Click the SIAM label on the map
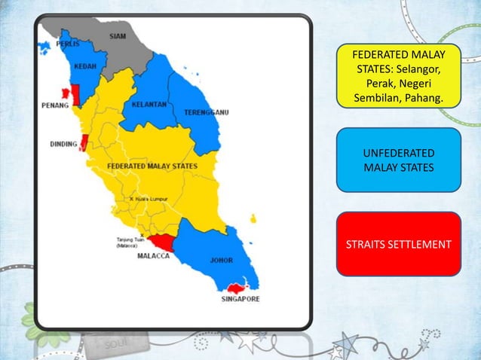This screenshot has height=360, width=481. pyautogui.click(x=118, y=35)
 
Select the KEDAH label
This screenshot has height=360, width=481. pyautogui.click(x=85, y=66)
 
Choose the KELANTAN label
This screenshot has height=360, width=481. pyautogui.click(x=149, y=105)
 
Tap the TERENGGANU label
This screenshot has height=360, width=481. pyautogui.click(x=207, y=112)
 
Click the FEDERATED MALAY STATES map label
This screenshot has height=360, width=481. pyautogui.click(x=153, y=165)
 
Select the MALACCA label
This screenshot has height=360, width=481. pyautogui.click(x=153, y=256)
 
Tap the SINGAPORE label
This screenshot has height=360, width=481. pyautogui.click(x=240, y=299)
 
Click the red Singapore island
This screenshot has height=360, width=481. pyautogui.click(x=237, y=288)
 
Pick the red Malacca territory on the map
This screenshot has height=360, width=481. pyautogui.click(x=163, y=242)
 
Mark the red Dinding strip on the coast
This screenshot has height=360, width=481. pyautogui.click(x=84, y=142)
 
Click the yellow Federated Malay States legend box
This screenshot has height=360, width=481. pyautogui.click(x=398, y=75)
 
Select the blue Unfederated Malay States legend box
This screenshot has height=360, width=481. pyautogui.click(x=398, y=159)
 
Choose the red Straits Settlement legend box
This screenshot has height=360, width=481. pyautogui.click(x=398, y=244)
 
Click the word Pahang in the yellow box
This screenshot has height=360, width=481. pyautogui.click(x=425, y=99)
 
